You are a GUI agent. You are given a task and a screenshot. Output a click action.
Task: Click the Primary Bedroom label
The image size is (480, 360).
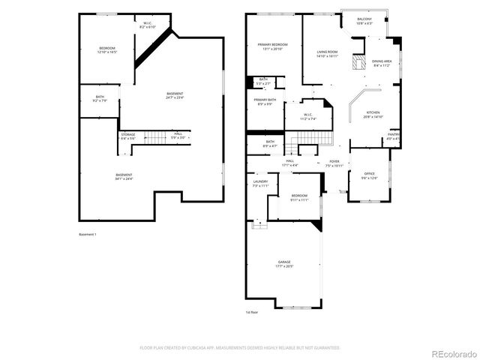(268, 46)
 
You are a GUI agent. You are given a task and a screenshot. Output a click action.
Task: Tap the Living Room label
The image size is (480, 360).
(327, 53)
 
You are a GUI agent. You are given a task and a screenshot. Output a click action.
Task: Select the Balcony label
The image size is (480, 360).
(364, 21)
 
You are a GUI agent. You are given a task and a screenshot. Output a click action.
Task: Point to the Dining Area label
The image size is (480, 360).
(382, 63)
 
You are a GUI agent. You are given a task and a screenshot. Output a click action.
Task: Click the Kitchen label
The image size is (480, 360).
(373, 115)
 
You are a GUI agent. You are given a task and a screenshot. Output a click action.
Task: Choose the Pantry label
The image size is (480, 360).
(394, 136)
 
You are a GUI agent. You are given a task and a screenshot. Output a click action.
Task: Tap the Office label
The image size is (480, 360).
(370, 176)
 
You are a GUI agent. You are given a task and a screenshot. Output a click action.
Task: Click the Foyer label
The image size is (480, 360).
(334, 163)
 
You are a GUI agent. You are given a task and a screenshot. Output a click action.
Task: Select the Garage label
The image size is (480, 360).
(283, 263)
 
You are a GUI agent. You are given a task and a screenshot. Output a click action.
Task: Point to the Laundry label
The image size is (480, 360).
(260, 183)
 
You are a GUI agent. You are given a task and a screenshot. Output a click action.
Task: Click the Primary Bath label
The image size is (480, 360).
(264, 101)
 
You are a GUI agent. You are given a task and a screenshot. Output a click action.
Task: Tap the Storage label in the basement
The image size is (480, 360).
(128, 136)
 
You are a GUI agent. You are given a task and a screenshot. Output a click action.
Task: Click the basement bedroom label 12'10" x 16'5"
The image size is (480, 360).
(107, 50)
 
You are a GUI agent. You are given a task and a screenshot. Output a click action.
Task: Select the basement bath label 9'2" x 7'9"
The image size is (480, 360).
(100, 98)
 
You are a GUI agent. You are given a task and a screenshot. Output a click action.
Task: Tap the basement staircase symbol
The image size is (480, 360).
(154, 137)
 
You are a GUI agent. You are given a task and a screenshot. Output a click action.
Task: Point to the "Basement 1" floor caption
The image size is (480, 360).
(88, 235)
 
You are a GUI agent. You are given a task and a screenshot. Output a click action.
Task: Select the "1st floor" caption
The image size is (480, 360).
(251, 312)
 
